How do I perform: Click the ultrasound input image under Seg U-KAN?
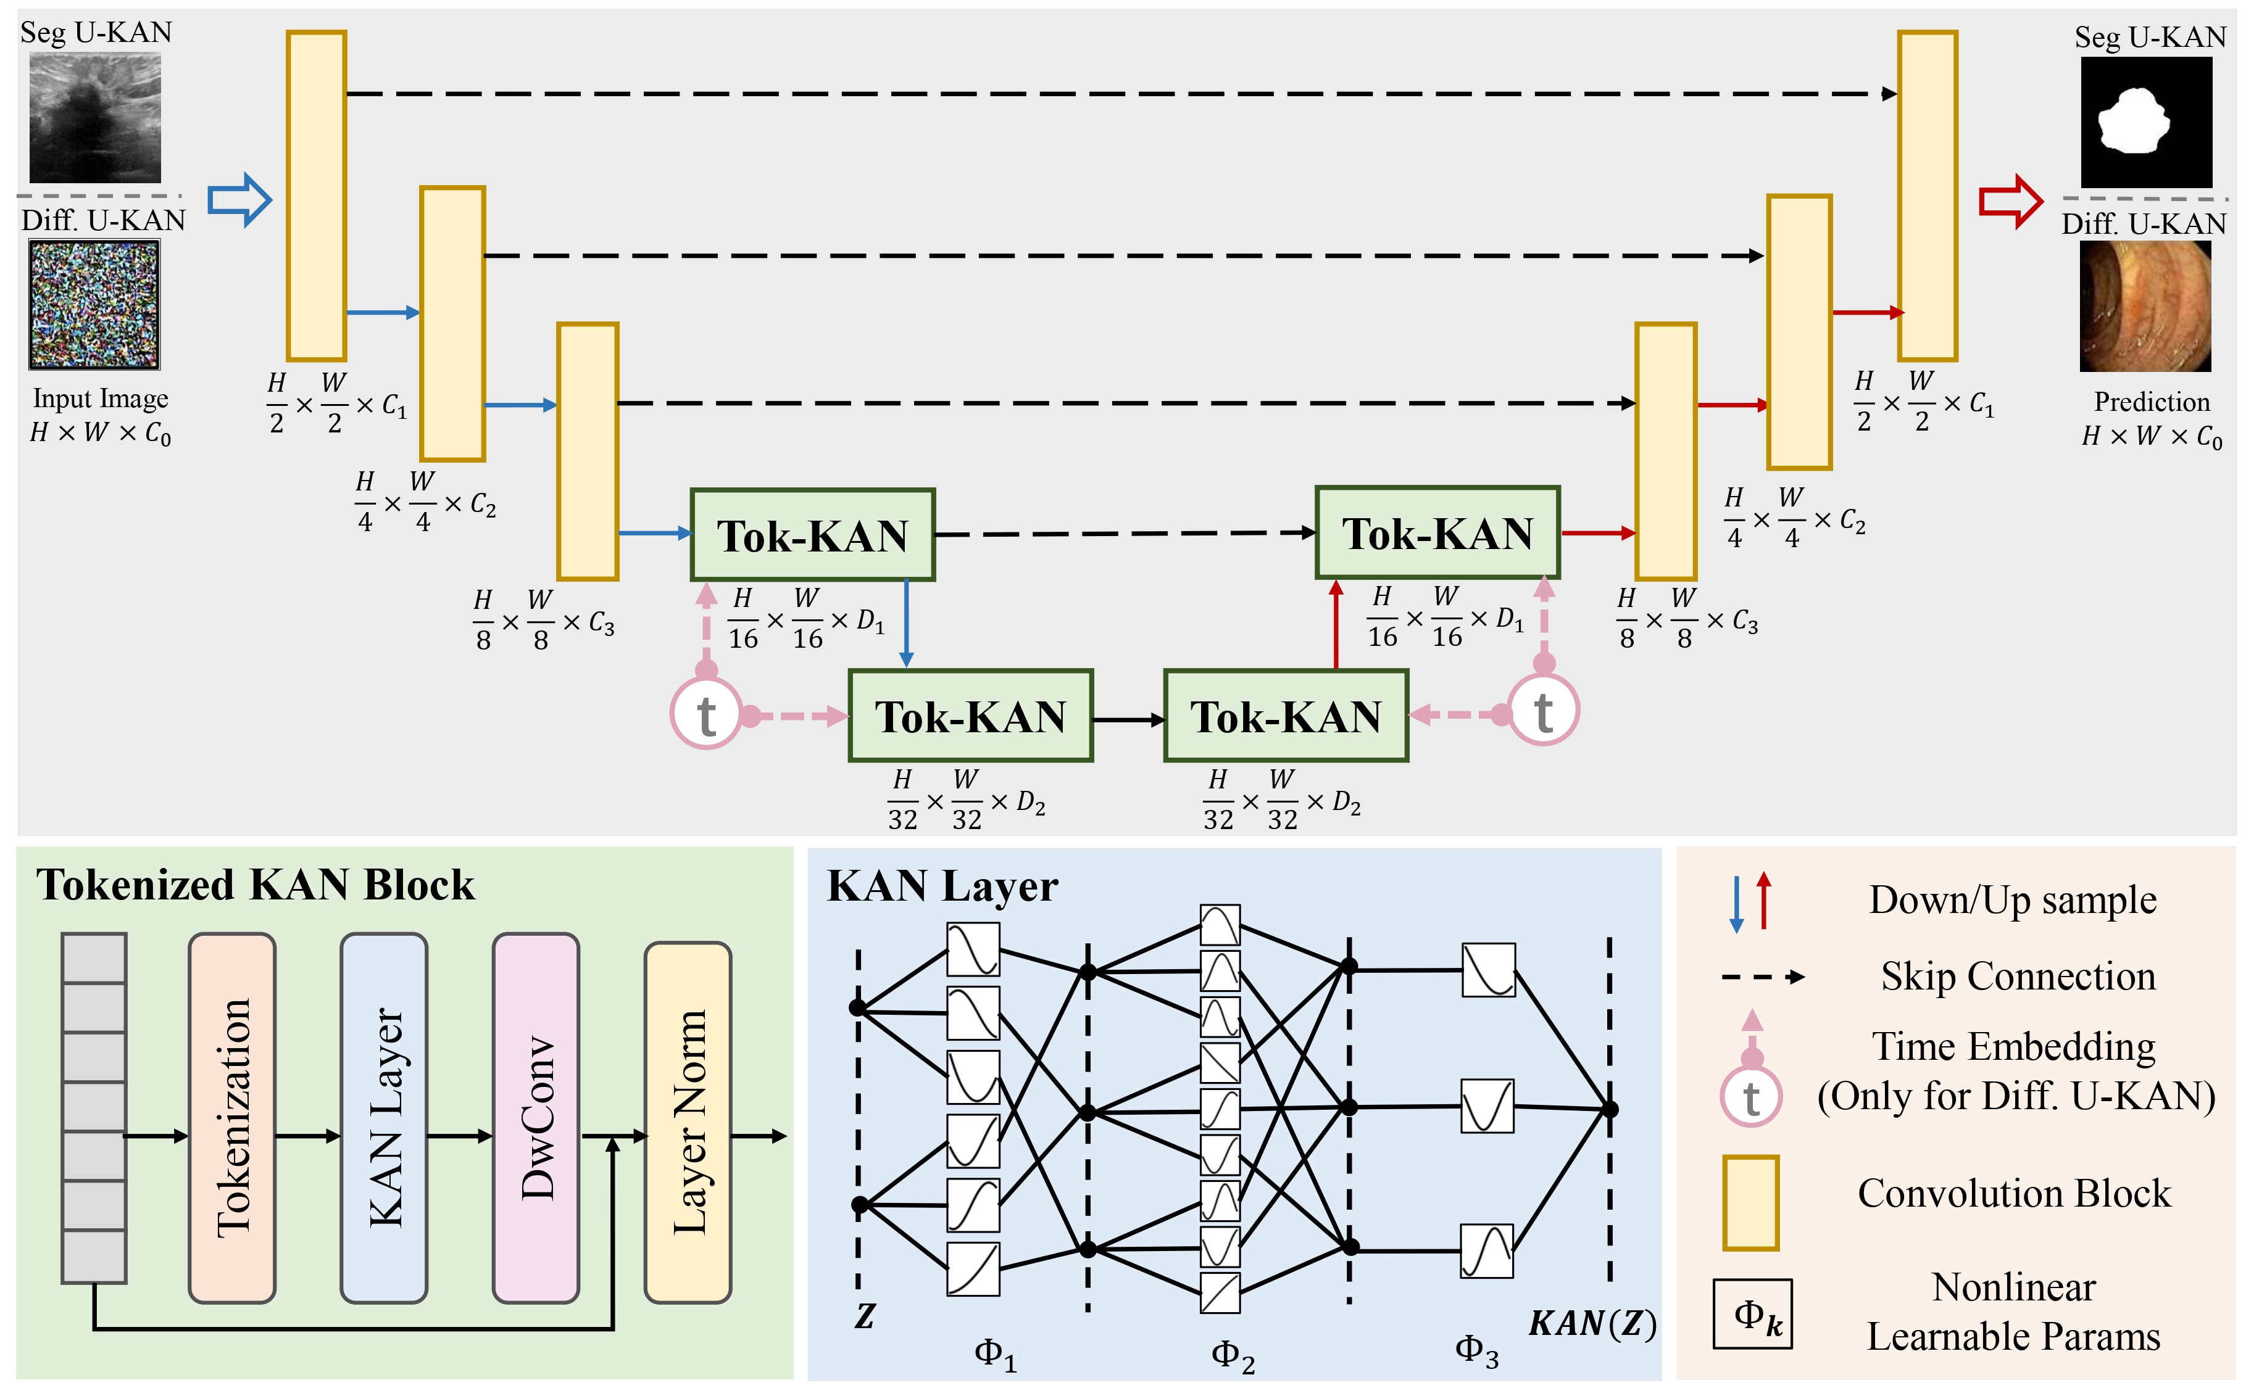[x=95, y=118]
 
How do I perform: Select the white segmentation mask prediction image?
[x=2147, y=122]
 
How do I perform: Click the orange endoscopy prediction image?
[x=2145, y=307]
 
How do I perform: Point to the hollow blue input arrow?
[x=239, y=200]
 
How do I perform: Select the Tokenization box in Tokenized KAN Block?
[x=232, y=1118]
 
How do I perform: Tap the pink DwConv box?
[x=536, y=1118]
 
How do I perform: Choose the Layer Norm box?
[x=688, y=1122]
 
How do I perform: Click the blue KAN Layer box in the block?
[x=384, y=1118]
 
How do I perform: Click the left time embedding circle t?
[x=705, y=714]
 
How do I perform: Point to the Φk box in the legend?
[x=1752, y=1313]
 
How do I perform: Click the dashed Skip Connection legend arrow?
[x=1762, y=977]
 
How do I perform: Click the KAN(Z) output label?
[x=1592, y=1323]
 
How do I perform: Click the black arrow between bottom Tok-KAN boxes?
[x=1128, y=720]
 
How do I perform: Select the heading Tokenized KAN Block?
[x=255, y=885]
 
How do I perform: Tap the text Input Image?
[x=100, y=399]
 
